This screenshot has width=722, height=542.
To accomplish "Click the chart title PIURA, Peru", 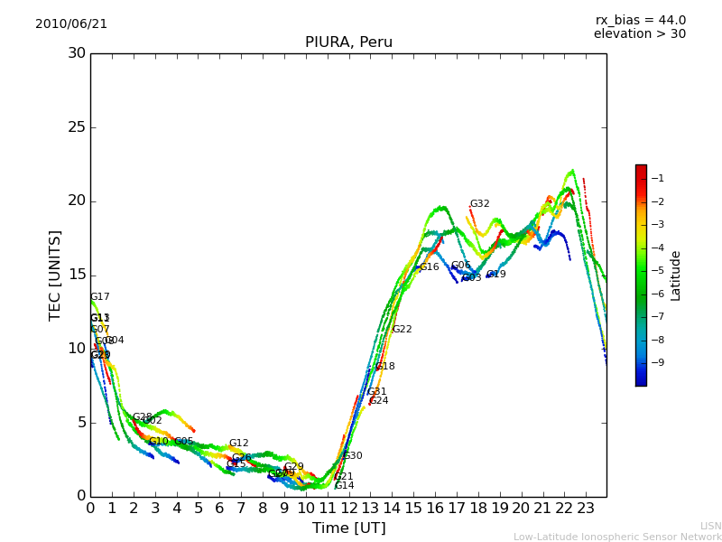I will coord(348,42).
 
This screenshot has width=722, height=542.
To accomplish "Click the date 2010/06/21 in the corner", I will coord(71,24).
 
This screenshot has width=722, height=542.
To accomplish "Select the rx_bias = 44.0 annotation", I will coord(640,21).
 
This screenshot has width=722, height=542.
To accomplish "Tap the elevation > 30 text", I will coord(640,34).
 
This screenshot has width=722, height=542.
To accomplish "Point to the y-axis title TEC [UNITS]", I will coord(55,275).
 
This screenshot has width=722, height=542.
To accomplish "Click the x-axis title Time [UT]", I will coord(348,528).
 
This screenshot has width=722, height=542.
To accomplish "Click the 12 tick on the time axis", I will coord(348,509).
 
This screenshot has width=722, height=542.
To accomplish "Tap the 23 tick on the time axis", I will coord(585,509).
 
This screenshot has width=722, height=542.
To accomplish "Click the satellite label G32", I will coord(479,204).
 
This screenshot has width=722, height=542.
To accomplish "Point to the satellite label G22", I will coord(402,330).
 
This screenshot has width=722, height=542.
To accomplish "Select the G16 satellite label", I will coord(429,267).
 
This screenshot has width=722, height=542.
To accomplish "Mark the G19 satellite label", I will coord(495,275).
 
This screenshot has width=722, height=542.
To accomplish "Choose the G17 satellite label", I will coord(99,297).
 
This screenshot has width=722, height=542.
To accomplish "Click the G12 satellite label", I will coord(238,444).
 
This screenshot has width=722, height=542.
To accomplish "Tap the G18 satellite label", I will coord(384,367).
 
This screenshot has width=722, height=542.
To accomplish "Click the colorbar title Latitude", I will coord(676,276).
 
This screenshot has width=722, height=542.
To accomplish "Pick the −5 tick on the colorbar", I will coord(658,270).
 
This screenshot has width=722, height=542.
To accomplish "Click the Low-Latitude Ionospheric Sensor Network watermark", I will coord(617,537).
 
